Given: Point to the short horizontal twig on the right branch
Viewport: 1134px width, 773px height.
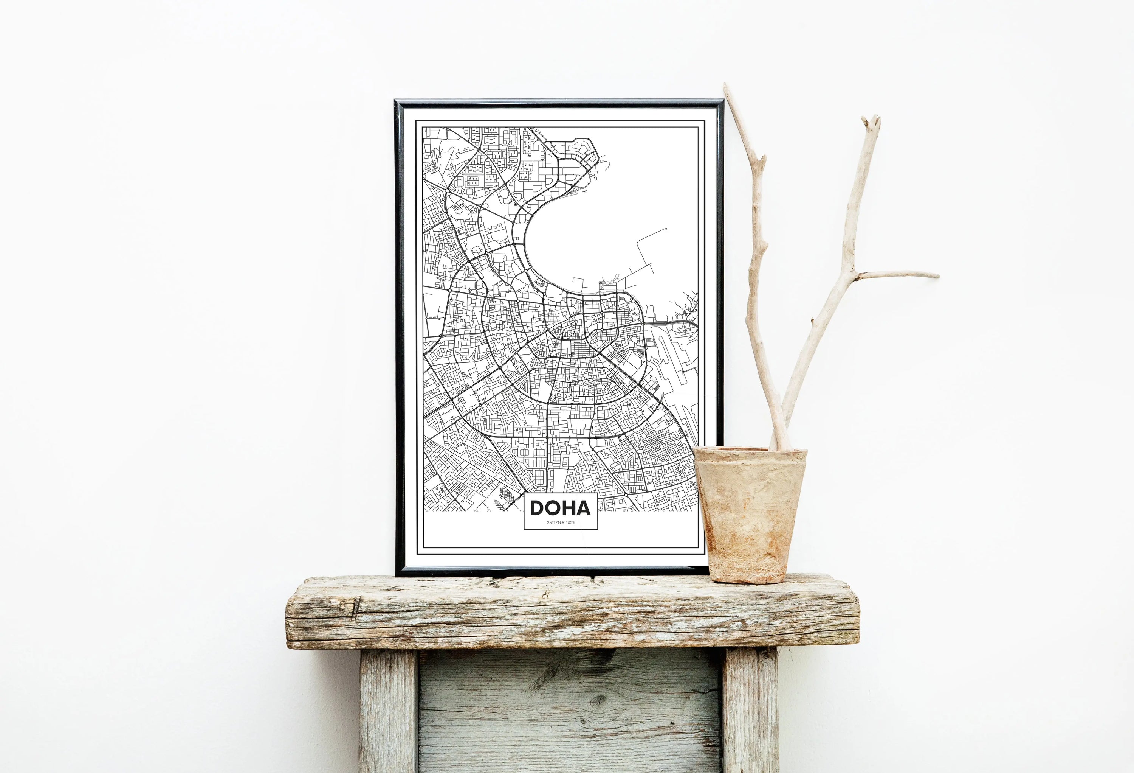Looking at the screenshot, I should pyautogui.click(x=898, y=274).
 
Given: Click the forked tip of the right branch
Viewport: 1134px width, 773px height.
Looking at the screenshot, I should pyautogui.click(x=871, y=122).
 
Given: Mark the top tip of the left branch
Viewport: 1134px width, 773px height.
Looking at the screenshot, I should pyautogui.click(x=726, y=87).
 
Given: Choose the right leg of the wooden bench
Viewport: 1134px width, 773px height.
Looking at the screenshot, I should pyautogui.click(x=750, y=711).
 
